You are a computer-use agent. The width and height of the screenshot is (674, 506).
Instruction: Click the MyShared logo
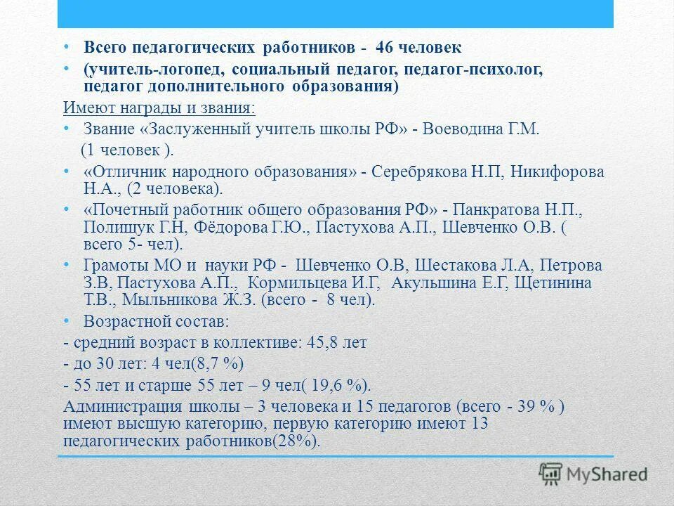click(594, 473)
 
